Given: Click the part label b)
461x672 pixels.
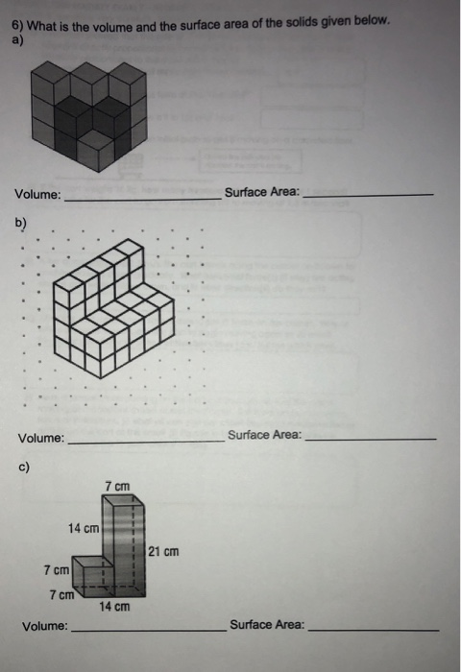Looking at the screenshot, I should tap(21, 224).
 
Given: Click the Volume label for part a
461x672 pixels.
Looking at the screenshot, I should tap(37, 195).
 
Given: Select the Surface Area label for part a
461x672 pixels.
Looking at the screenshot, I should tap(261, 192).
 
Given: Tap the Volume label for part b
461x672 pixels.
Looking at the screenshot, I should tap(41, 439).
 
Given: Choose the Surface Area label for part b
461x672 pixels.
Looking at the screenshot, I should tap(264, 435).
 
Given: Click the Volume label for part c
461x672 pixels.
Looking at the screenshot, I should tap(45, 626).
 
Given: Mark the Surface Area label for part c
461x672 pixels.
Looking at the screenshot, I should tap(267, 624).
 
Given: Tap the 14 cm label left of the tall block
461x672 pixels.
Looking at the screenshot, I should tap(84, 528).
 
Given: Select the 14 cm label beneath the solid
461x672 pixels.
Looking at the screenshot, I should tap(114, 607).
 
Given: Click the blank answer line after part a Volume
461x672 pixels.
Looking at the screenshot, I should tap(140, 198).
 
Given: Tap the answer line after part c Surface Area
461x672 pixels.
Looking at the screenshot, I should tap(373, 629).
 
